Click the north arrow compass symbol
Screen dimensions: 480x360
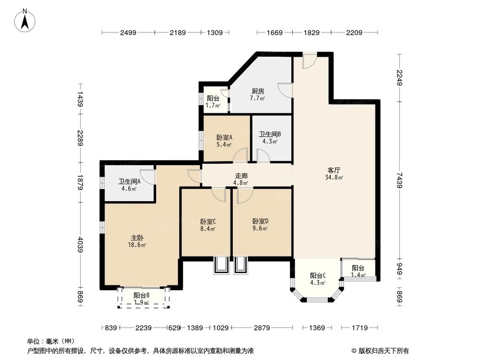tap(25, 21)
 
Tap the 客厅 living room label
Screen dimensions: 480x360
tap(334, 170)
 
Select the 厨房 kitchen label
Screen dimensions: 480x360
tap(258, 91)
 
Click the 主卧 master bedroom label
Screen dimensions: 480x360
tap(137, 238)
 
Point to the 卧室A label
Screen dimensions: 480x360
tap(224, 137)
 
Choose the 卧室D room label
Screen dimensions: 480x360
tap(261, 221)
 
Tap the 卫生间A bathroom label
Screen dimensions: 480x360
tap(129, 181)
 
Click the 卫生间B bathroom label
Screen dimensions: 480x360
tap(270, 134)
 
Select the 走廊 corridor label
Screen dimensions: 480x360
tap(241, 176)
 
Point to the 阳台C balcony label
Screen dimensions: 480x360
tap(318, 276)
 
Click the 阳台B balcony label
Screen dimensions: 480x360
tap(142, 295)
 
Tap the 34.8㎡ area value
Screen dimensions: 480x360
tap(334, 177)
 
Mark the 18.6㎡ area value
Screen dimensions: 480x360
tap(137, 245)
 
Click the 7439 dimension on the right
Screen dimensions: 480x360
tap(399, 180)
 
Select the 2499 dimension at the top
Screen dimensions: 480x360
tap(128, 33)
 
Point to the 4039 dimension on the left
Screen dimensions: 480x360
tap(81, 245)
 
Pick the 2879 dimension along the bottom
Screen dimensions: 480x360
tap(262, 328)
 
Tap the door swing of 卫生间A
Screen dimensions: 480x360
tap(147, 177)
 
